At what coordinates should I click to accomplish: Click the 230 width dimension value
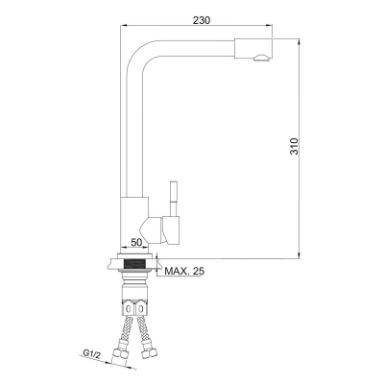(x=202, y=20)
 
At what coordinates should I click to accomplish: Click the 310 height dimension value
(x=294, y=146)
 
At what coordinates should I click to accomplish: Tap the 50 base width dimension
(x=136, y=242)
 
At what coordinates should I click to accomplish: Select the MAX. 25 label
(x=184, y=272)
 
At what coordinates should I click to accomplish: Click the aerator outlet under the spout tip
(x=261, y=58)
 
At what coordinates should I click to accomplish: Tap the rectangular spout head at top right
(x=253, y=49)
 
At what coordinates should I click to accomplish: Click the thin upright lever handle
(x=173, y=199)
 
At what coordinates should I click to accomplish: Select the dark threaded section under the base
(x=133, y=264)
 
